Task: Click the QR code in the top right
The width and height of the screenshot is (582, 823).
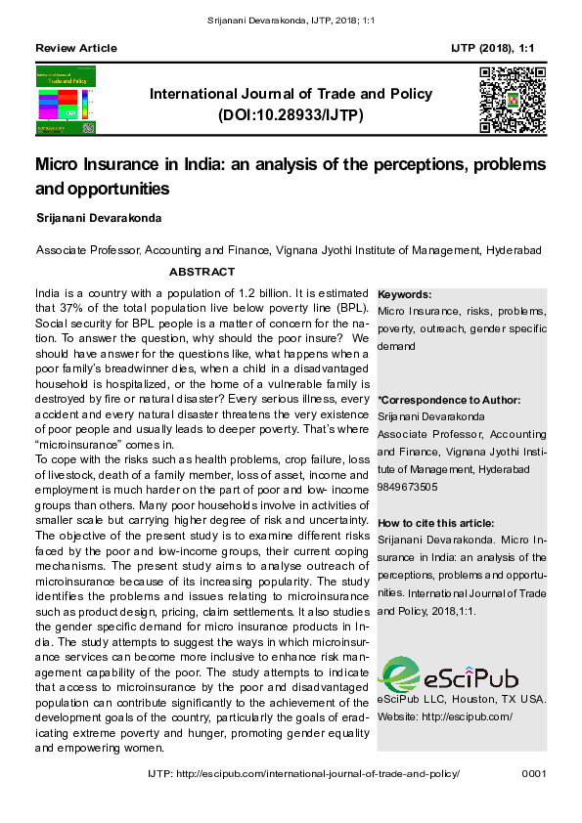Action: pyautogui.click(x=512, y=100)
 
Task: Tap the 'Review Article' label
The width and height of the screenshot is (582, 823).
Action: pyautogui.click(x=75, y=48)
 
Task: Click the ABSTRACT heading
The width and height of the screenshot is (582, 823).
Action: pyautogui.click(x=201, y=272)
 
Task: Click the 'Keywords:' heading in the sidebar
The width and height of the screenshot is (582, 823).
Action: pyautogui.click(x=404, y=294)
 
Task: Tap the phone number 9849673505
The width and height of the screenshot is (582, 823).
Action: pyautogui.click(x=408, y=487)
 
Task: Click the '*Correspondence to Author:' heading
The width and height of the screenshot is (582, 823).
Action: pyautogui.click(x=449, y=400)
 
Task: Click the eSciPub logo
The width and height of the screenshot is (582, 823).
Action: pyautogui.click(x=448, y=673)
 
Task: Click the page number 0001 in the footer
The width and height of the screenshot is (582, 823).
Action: pyautogui.click(x=534, y=773)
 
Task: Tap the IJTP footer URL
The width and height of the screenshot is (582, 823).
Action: pyautogui.click(x=302, y=773)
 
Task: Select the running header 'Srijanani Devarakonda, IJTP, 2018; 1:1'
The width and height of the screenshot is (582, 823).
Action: pyautogui.click(x=291, y=21)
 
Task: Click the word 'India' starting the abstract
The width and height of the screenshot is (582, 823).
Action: pyautogui.click(x=49, y=293)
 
